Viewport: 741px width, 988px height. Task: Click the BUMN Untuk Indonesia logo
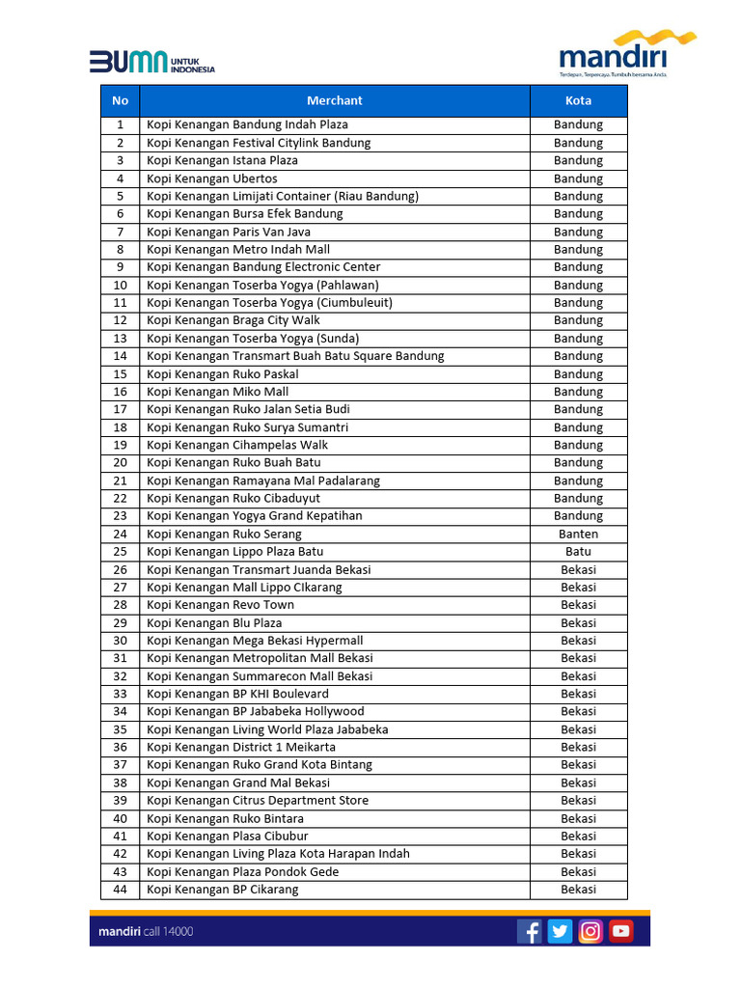pyautogui.click(x=151, y=63)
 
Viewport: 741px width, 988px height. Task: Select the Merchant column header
pyautogui.click(x=335, y=100)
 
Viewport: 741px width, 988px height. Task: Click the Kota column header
pyautogui.click(x=578, y=100)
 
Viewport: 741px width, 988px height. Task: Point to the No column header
pyautogui.click(x=120, y=100)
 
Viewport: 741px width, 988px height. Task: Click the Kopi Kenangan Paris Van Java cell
pyautogui.click(x=229, y=232)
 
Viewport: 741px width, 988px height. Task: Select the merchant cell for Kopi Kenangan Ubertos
pyautogui.click(x=212, y=178)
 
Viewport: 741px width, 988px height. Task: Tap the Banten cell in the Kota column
pyautogui.click(x=578, y=534)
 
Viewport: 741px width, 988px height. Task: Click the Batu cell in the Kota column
pyautogui.click(x=578, y=552)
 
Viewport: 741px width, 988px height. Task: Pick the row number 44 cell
pyautogui.click(x=120, y=890)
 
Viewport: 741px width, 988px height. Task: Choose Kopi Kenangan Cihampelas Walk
pyautogui.click(x=237, y=445)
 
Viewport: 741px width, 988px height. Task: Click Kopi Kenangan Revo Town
pyautogui.click(x=221, y=605)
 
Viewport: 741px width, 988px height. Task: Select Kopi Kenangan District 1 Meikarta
pyautogui.click(x=241, y=747)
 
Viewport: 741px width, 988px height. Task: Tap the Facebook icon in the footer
pyautogui.click(x=530, y=931)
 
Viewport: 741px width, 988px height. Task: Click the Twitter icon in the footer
pyautogui.click(x=560, y=931)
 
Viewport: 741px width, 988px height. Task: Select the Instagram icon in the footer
pyautogui.click(x=590, y=931)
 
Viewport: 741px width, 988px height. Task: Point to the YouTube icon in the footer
pyautogui.click(x=620, y=931)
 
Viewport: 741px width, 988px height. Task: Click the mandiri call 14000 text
pyautogui.click(x=146, y=932)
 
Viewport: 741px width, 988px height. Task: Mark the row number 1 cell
pyautogui.click(x=120, y=124)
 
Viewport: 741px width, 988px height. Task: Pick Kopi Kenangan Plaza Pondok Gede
pyautogui.click(x=243, y=872)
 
